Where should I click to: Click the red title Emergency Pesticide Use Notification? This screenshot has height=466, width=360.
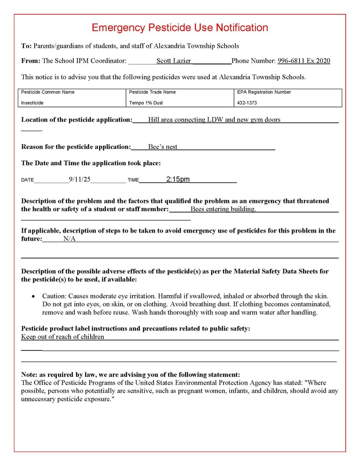[x=180, y=28]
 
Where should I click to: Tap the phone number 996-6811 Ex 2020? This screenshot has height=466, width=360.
[x=304, y=61]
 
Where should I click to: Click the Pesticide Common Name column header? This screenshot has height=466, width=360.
[x=48, y=92]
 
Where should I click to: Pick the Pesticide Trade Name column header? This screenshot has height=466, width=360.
[x=152, y=92]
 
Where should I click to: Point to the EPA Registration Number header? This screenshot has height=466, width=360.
[x=264, y=92]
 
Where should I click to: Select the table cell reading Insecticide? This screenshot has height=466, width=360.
[x=32, y=103]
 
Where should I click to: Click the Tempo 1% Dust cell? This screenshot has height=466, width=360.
[x=146, y=103]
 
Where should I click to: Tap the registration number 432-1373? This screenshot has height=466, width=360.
[x=247, y=103]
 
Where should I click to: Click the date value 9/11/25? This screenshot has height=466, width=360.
[x=80, y=179]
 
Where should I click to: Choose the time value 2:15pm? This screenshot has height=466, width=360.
[x=178, y=179]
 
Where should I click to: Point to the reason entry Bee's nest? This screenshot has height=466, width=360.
[x=162, y=147]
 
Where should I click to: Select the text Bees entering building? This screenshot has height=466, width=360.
[x=223, y=209]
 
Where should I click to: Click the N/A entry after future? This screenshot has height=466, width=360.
[x=70, y=238]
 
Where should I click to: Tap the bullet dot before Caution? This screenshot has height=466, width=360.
[x=33, y=296]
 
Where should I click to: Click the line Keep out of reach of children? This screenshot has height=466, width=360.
[x=63, y=337]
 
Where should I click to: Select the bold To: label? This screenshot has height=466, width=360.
[x=26, y=46]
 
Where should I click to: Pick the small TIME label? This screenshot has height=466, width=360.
[x=133, y=180]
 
